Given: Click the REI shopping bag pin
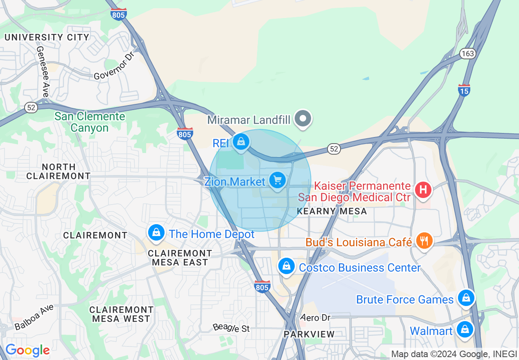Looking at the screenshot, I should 241,142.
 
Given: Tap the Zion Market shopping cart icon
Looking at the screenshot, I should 278,180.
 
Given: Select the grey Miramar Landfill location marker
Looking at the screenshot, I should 303,119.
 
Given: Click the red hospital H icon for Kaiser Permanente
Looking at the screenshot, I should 424,190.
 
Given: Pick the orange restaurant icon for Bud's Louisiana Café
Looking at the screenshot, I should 424,241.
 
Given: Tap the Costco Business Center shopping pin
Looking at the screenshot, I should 287,266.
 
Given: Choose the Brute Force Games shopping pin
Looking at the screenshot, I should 466,298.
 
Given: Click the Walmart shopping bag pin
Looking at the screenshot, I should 465,329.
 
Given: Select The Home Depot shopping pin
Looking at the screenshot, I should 156,233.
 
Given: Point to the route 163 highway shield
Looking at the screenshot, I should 467,54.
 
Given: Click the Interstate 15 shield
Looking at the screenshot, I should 464,90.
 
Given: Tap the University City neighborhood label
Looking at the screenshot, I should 47,37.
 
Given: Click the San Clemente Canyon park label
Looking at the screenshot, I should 90,122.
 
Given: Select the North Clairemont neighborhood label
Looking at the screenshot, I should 59,171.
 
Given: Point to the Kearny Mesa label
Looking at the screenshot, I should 332,211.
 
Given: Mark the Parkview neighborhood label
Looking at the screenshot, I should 309,334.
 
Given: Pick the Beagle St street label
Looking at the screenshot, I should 231,328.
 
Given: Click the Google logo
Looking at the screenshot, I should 27,350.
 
